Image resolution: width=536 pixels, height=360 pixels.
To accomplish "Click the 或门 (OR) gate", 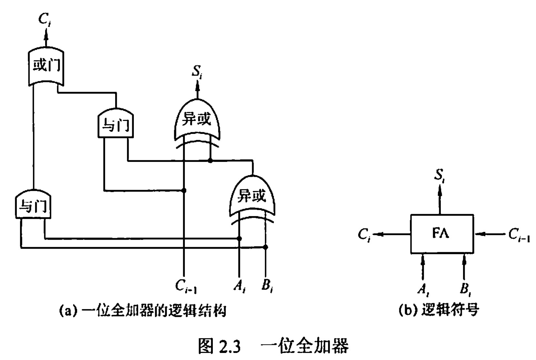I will pos(46,66).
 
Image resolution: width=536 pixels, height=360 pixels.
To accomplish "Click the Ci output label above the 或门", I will pos(44,19).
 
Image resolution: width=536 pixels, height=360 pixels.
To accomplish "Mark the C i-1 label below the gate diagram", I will pos(186,286).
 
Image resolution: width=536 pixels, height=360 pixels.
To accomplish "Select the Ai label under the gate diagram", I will pos(239,286).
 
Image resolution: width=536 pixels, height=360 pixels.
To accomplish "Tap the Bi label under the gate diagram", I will pos(267,286).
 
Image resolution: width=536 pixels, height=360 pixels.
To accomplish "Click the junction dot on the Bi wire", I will pos(265,247).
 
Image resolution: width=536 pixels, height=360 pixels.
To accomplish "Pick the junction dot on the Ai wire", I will pos(239,238).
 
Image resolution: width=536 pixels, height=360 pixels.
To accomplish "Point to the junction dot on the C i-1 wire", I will pos(184,190).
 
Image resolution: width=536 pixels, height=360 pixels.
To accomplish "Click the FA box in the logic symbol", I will pos(442,234).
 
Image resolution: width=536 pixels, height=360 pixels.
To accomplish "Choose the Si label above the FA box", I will pos(440,176).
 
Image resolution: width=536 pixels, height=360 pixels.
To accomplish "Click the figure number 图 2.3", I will pos(219,346).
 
